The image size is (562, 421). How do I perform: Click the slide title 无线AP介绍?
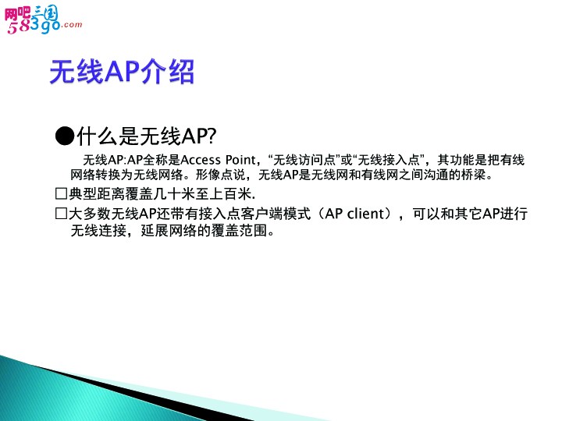(122, 72)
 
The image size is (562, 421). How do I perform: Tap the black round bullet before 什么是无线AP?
(65, 136)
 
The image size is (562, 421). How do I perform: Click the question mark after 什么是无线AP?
(212, 136)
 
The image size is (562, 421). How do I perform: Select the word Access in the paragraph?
(201, 160)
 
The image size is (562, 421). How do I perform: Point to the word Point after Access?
(240, 160)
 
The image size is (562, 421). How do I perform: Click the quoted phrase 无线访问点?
(304, 160)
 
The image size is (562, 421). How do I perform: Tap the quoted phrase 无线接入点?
(389, 160)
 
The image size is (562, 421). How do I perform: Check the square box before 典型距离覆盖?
(62, 193)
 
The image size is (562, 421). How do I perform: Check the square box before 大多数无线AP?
(62, 214)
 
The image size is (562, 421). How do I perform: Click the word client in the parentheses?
(365, 214)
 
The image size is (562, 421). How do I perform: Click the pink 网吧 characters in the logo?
(17, 14)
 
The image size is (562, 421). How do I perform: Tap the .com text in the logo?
(72, 24)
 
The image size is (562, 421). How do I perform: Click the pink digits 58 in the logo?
(19, 27)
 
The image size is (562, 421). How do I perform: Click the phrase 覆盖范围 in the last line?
(239, 231)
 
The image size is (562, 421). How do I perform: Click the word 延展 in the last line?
(155, 231)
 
